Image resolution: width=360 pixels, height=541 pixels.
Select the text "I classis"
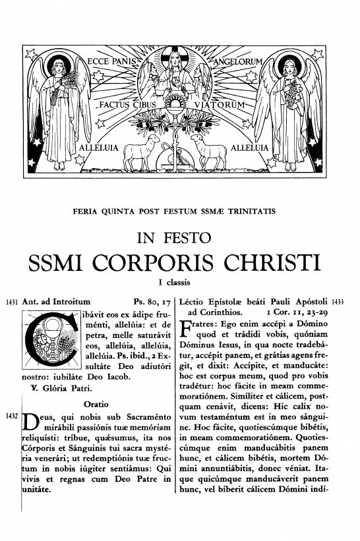coord(179,283)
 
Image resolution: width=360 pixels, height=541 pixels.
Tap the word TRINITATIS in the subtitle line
coord(253,212)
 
